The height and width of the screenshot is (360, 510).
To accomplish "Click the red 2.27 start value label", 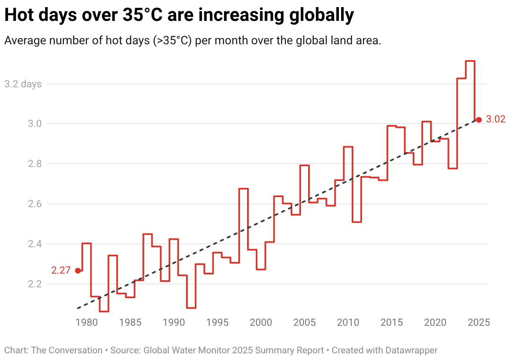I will click(61, 271).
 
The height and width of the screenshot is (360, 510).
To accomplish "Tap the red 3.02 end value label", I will click(496, 120).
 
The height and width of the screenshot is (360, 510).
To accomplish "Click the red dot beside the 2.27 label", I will click(78, 271).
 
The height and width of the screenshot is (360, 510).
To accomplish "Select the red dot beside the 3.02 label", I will click(479, 120).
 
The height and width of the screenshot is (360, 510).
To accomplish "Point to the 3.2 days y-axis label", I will click(23, 84).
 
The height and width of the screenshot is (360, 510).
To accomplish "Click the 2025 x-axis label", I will click(479, 322).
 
